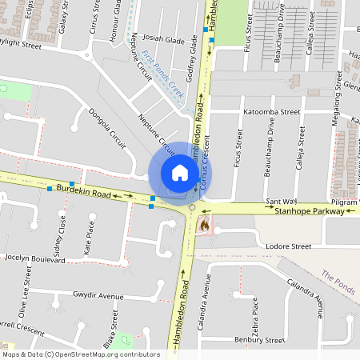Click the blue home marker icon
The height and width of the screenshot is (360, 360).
point(180,173)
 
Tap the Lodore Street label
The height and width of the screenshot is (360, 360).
point(289,246)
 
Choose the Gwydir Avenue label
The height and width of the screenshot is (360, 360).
point(98,297)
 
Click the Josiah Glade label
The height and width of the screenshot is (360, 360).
point(163,41)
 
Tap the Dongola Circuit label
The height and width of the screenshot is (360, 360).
point(106,129)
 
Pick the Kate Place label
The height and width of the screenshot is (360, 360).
point(89,239)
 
